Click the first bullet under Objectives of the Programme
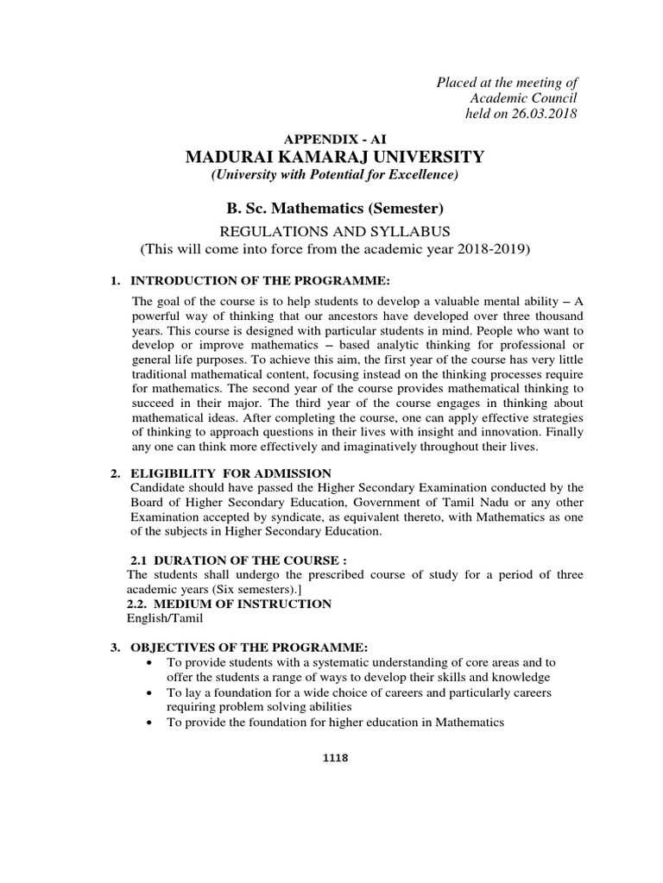(152, 663)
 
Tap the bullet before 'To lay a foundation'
(152, 693)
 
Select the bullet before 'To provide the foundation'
(152, 723)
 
